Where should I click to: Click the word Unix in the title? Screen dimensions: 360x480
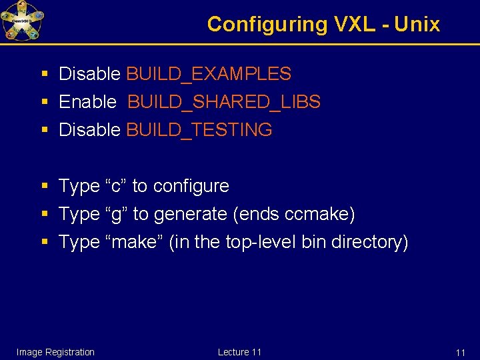(x=417, y=25)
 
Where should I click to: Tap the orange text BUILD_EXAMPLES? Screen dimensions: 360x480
(x=209, y=74)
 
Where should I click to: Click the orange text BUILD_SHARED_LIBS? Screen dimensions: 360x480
(x=224, y=102)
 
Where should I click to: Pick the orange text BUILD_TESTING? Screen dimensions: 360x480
(x=199, y=130)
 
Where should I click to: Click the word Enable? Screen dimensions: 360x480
(x=87, y=102)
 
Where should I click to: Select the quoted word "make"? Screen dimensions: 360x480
(x=135, y=242)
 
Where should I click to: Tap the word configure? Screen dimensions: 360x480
(x=191, y=186)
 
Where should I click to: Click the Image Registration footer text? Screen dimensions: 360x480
(x=55, y=352)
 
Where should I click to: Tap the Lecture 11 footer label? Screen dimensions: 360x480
(x=239, y=352)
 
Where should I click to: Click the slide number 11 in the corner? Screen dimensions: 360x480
(x=460, y=353)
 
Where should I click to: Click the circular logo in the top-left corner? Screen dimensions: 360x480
(x=23, y=21)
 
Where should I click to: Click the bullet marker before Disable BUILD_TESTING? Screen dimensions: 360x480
(x=44, y=130)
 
